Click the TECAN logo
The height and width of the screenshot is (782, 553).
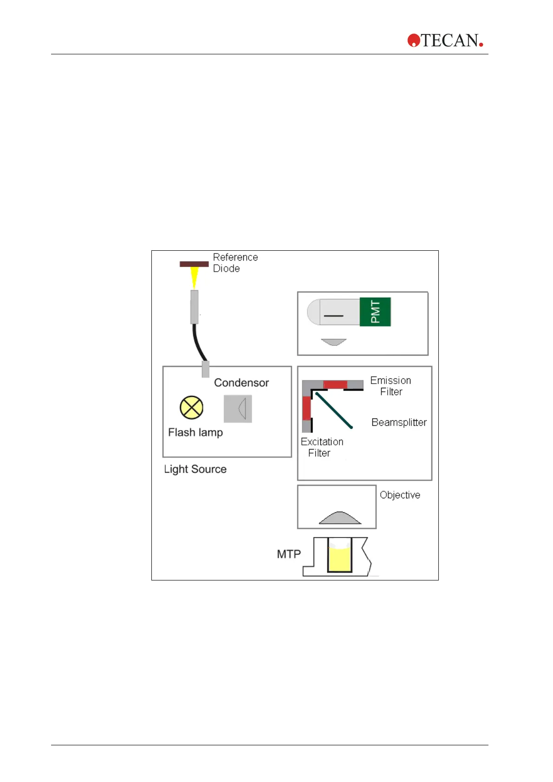tap(445, 40)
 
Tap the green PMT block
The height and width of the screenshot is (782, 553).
tap(375, 312)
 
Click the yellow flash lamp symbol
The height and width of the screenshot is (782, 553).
tap(191, 407)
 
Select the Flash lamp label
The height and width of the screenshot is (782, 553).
tap(195, 432)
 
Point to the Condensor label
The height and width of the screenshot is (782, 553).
tap(241, 383)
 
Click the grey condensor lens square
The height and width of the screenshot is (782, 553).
tap(238, 409)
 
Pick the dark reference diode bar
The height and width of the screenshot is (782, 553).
tap(194, 264)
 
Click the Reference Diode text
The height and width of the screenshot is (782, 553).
tap(235, 263)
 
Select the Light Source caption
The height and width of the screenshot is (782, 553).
tap(195, 469)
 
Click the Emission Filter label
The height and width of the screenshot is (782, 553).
tap(390, 386)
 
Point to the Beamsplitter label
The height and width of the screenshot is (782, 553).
tap(399, 423)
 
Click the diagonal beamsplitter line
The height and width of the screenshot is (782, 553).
tap(334, 411)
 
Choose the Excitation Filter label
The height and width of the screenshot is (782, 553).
tap(322, 447)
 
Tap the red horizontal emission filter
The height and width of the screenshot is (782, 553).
tap(335, 384)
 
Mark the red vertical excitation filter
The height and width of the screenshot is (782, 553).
tap(306, 408)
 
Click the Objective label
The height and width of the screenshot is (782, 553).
tap(400, 495)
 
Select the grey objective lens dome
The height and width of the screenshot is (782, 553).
tap(340, 518)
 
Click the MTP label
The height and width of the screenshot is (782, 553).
tap(289, 554)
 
